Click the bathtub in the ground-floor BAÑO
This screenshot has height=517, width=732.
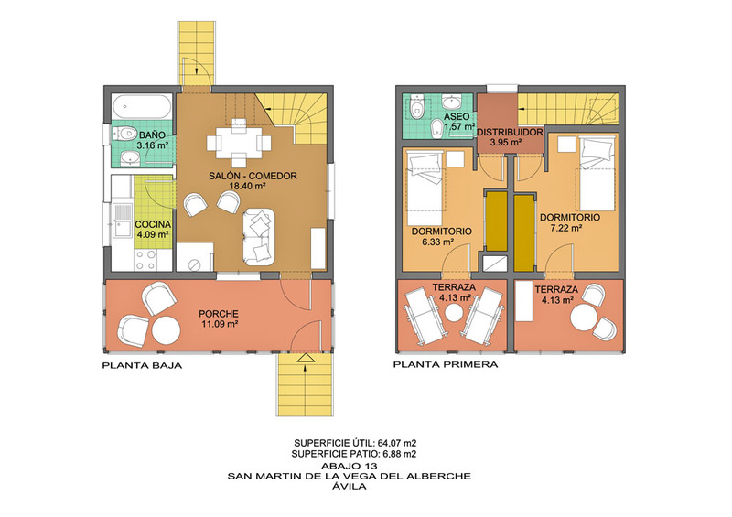coord(142,107)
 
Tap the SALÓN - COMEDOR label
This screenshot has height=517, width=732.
coord(253,176)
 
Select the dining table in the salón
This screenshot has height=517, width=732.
coord(239,142)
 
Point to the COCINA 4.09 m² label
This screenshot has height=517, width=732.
coord(153,230)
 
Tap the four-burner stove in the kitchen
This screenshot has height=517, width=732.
coord(145,260)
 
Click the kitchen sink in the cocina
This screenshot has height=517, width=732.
coord(123,221)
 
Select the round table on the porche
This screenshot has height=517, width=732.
coord(167,330)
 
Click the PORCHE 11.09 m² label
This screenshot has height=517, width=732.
coord(219,318)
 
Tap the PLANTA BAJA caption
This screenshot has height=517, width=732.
coord(142,366)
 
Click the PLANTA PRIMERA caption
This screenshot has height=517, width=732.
coord(446,364)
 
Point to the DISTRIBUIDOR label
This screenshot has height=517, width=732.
coord(510,132)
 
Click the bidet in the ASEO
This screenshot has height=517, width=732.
coord(437,128)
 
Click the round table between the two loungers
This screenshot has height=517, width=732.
coord(453,312)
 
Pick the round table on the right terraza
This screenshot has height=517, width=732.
coord(584,318)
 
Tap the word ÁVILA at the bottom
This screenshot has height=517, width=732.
coord(350,486)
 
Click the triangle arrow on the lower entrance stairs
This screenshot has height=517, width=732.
coord(306,358)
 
